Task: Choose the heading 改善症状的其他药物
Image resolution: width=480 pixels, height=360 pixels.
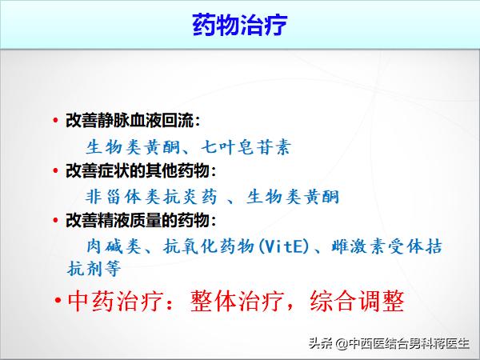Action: (x=140, y=171)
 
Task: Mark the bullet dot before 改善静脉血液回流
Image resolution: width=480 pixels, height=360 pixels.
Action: (x=55, y=122)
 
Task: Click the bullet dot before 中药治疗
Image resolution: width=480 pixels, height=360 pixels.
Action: (x=58, y=302)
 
